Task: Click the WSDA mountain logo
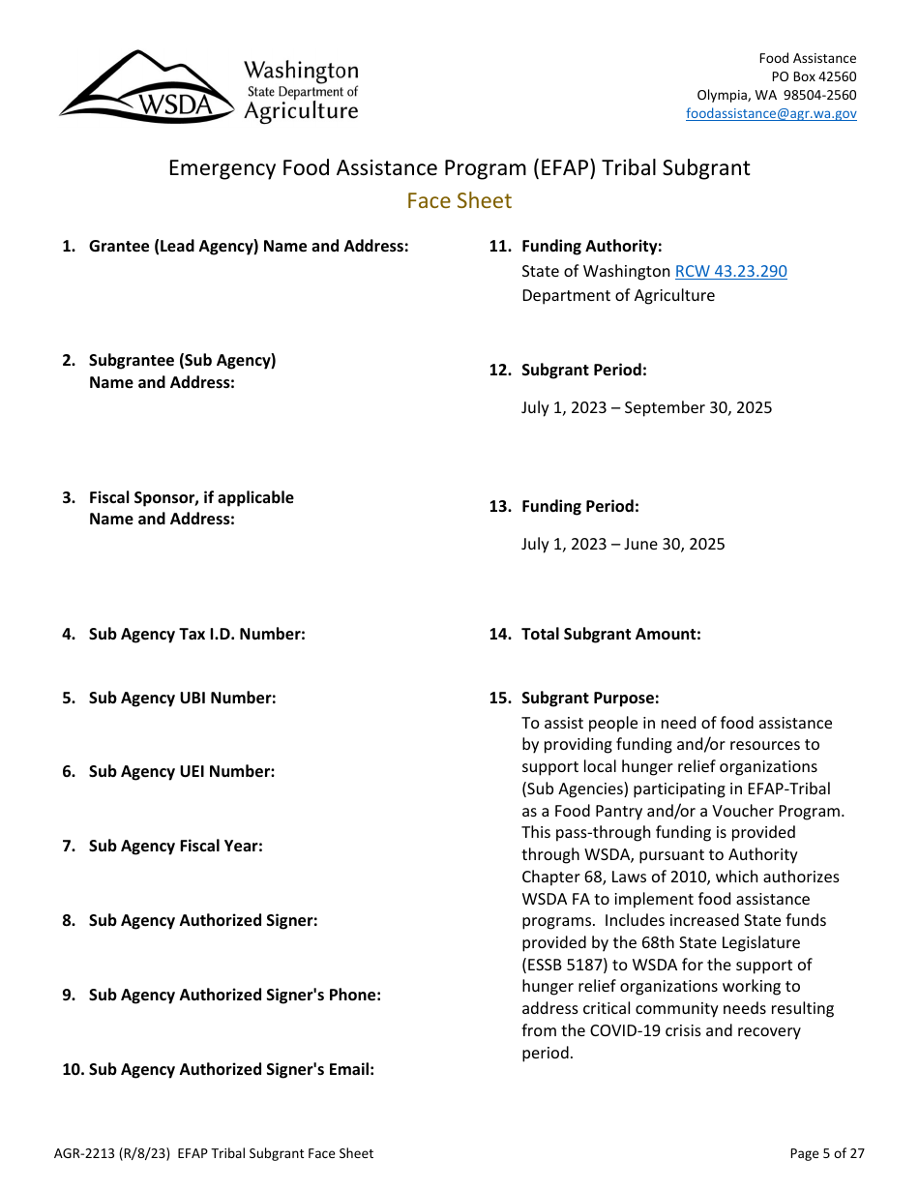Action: tap(145, 88)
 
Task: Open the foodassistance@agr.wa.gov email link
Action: tap(771, 113)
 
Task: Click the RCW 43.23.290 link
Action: tap(730, 271)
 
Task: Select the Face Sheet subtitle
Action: tap(459, 200)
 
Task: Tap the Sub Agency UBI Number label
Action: tap(182, 698)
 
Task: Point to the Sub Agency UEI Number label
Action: tap(182, 771)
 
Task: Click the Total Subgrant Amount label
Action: tap(610, 634)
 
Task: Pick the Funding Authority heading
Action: tap(591, 246)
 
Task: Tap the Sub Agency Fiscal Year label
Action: tap(175, 846)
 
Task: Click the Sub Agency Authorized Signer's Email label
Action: tap(231, 1069)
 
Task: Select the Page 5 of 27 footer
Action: tap(827, 1153)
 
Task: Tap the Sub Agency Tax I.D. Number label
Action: tap(196, 634)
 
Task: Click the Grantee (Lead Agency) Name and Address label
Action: tap(249, 246)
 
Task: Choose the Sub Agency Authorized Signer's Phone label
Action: tap(234, 995)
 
